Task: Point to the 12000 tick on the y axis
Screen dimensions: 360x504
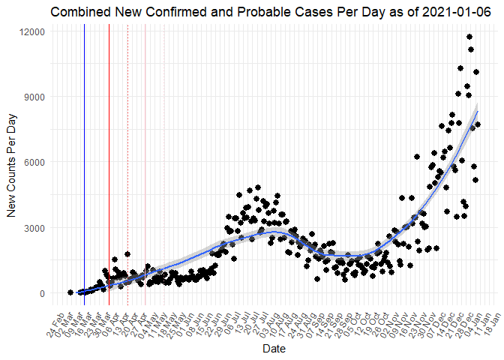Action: (33, 31)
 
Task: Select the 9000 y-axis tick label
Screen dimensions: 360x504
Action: (35, 97)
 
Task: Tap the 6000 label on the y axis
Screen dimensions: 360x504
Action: (35, 162)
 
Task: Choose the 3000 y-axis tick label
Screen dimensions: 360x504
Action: (35, 228)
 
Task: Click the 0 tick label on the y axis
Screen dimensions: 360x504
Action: (43, 293)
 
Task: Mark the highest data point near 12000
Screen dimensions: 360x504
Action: (469, 37)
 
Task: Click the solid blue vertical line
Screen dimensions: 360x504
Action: (84, 150)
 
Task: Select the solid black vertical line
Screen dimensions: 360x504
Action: (109, 150)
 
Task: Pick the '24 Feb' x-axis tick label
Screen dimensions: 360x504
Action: (58, 318)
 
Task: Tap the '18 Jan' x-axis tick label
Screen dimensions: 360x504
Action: (492, 318)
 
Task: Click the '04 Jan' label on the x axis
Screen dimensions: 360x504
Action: (472, 318)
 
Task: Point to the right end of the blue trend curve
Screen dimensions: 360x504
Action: (478, 111)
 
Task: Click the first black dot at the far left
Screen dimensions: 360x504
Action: (70, 292)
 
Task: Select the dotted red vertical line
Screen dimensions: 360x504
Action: (127, 150)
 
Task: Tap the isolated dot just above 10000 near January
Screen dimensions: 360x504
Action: (476, 72)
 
